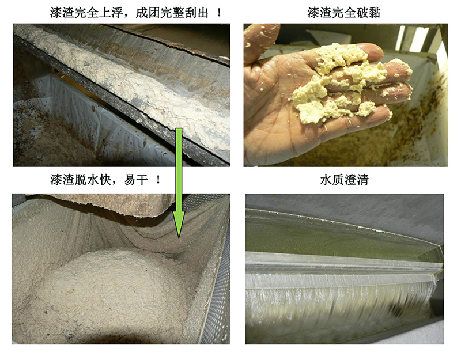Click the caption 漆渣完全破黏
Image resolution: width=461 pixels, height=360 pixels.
(344, 12)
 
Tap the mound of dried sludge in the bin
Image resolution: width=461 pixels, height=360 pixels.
(109, 288)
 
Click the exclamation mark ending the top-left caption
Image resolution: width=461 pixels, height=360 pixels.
(219, 12)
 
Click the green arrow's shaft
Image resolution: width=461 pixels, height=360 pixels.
(179, 173)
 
